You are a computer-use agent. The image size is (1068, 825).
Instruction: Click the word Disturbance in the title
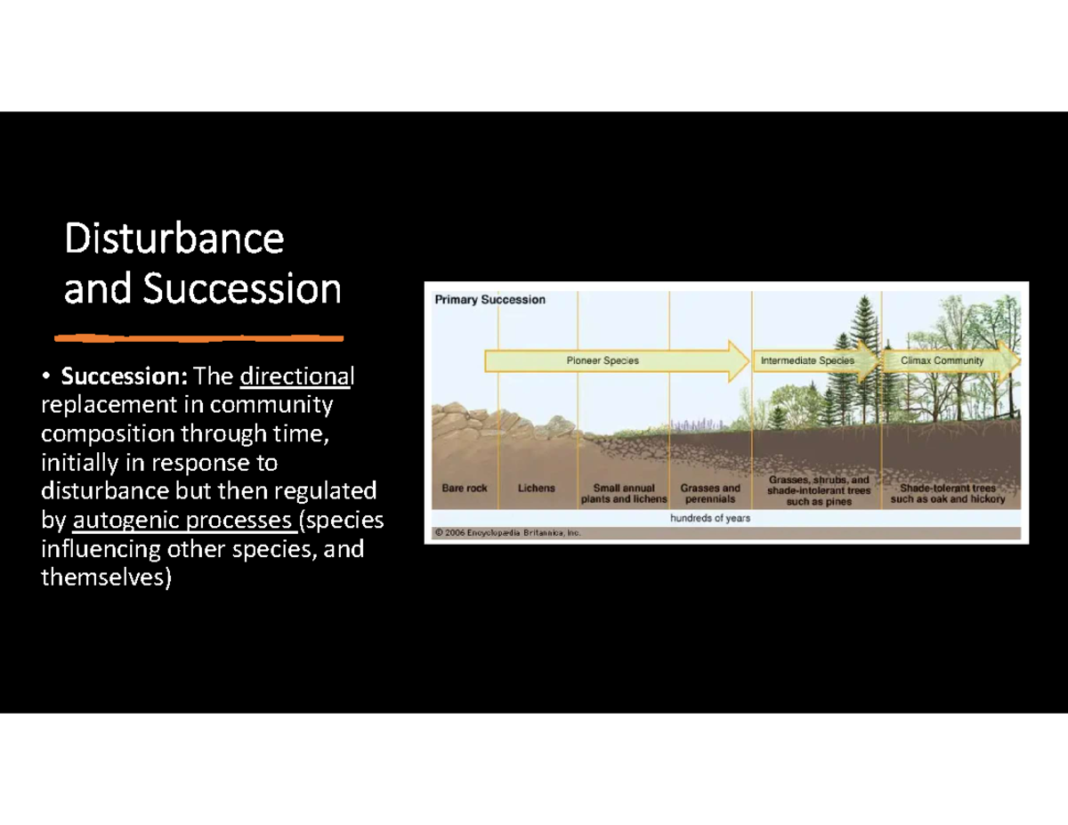(174, 239)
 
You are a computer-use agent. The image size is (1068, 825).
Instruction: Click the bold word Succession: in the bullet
(125, 377)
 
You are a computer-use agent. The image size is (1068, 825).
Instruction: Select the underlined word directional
(296, 377)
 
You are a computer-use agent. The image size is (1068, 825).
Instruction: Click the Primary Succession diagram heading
(489, 300)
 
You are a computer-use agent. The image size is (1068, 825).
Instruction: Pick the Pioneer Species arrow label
(603, 360)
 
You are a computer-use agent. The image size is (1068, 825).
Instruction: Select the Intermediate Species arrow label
(806, 360)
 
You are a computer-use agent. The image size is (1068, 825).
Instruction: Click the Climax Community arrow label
(942, 360)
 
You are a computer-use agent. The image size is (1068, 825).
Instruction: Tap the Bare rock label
(465, 489)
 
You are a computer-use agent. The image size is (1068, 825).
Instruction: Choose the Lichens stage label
(536, 489)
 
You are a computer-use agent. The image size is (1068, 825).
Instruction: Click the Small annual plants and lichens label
(623, 494)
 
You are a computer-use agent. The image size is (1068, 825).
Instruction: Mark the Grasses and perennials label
(709, 494)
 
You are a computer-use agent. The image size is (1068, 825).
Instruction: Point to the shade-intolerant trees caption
(819, 490)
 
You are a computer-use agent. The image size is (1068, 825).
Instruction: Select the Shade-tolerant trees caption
(947, 494)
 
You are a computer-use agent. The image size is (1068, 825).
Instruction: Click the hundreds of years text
(709, 518)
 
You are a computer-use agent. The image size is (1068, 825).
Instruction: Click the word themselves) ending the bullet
(107, 578)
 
